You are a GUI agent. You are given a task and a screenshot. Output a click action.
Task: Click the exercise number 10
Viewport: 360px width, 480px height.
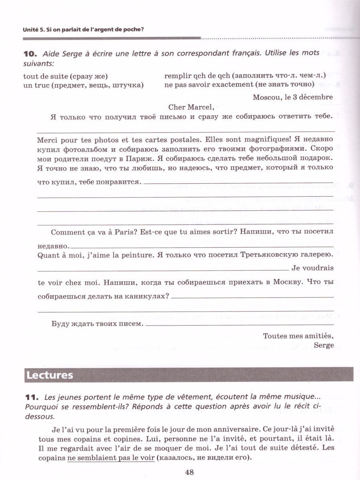[x=30, y=53]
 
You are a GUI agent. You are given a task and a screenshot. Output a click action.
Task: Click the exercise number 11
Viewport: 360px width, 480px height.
[x=31, y=398]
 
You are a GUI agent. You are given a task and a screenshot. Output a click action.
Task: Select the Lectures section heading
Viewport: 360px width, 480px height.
[x=50, y=375]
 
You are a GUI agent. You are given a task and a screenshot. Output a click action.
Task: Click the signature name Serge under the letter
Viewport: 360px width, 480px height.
[x=324, y=345]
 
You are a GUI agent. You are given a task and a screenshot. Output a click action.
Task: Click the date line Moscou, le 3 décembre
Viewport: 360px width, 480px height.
[x=293, y=97]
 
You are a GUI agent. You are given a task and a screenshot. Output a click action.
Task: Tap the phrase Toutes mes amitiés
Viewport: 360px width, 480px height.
[x=298, y=335]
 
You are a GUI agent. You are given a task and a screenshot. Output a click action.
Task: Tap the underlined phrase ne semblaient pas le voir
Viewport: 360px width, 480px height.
[x=111, y=458]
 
